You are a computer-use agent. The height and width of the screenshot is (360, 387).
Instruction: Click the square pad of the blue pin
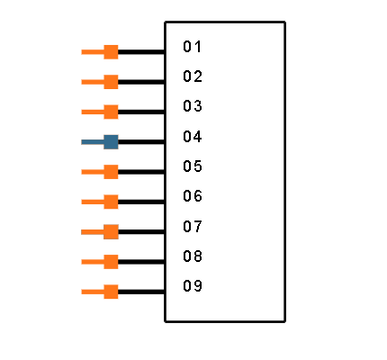(x=111, y=141)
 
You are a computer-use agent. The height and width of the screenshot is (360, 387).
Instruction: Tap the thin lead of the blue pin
(x=92, y=141)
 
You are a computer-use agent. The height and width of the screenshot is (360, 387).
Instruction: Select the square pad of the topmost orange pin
(x=111, y=51)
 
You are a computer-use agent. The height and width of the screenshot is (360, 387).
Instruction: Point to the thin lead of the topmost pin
(x=92, y=52)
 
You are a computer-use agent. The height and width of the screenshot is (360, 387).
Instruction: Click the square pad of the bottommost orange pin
(x=111, y=292)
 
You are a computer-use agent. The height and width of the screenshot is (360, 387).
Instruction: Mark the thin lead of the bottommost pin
(x=92, y=292)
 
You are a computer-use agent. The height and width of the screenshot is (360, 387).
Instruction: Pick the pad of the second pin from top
(x=111, y=82)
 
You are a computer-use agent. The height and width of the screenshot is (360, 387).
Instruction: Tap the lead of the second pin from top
(x=92, y=82)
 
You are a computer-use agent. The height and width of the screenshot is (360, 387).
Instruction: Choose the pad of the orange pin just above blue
(x=111, y=112)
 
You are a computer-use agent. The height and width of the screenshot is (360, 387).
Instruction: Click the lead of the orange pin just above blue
(x=92, y=112)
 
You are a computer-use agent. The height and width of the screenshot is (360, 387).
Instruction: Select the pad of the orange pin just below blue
(x=111, y=171)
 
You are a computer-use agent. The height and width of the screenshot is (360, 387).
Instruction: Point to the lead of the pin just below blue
(x=92, y=172)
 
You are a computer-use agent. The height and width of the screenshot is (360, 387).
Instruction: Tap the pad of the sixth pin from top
(x=111, y=202)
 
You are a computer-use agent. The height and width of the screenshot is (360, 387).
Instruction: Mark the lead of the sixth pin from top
(x=92, y=202)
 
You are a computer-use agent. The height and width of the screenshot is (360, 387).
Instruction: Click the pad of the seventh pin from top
(x=111, y=231)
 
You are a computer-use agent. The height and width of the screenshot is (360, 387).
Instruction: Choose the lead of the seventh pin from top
(x=92, y=232)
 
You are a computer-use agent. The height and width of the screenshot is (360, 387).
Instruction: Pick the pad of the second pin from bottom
(x=111, y=262)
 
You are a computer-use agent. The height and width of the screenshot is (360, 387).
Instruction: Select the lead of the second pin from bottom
(x=92, y=262)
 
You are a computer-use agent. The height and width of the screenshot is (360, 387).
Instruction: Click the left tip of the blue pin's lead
(x=82, y=141)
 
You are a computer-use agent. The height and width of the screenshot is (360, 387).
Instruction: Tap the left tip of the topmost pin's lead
(x=82, y=52)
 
